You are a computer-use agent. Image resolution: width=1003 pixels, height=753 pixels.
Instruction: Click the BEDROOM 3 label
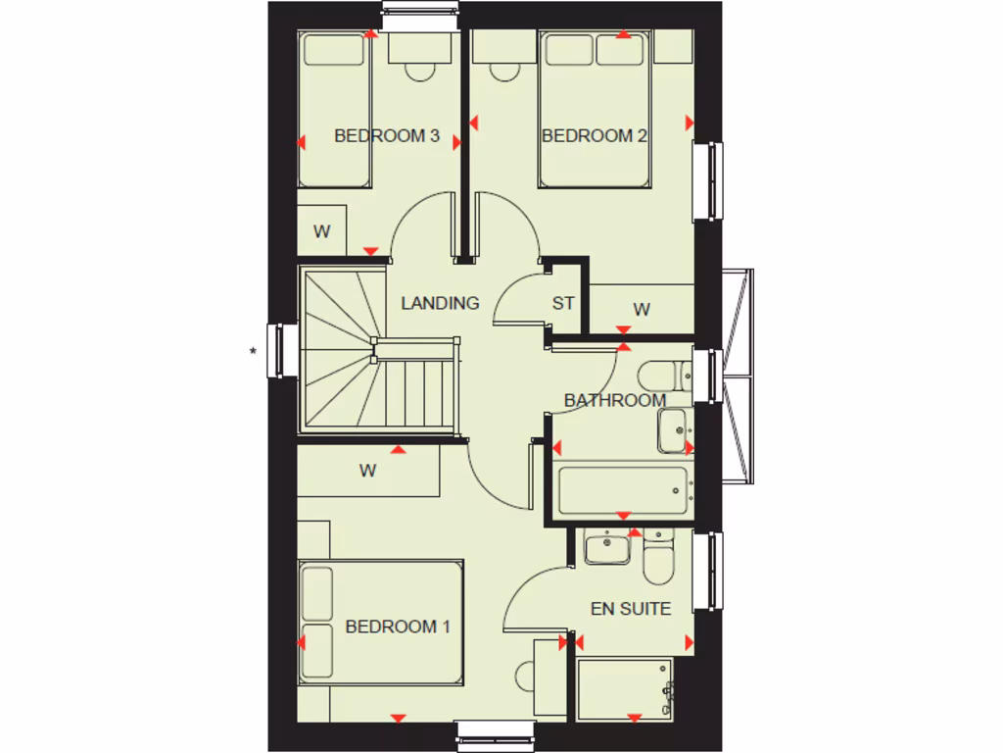tap(386, 135)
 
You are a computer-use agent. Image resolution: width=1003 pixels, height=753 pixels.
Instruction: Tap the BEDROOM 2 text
tap(594, 135)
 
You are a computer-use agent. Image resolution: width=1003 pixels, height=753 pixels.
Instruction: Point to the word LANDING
tap(440, 303)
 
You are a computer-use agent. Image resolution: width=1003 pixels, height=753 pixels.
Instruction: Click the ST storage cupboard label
tap(562, 303)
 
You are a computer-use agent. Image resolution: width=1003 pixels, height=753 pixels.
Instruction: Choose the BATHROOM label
tap(614, 400)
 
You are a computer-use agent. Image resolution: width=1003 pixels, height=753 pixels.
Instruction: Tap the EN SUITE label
tap(631, 609)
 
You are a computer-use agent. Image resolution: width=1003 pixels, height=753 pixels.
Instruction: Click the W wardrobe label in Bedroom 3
tap(321, 232)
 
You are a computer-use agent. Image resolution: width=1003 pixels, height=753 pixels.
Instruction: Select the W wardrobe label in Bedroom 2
tap(642, 310)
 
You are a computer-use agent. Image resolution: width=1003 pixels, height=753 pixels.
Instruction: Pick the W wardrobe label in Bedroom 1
tap(367, 471)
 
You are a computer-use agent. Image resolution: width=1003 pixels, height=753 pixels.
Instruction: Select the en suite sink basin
tap(606, 546)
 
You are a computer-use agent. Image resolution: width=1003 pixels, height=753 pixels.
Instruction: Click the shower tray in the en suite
tap(625, 690)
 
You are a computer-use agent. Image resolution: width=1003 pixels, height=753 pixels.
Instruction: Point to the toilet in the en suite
tap(656, 556)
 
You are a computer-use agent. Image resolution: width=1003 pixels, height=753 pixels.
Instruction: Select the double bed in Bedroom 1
tap(380, 623)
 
